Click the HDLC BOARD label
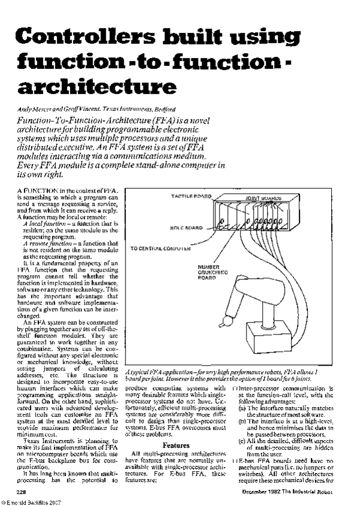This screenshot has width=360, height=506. coord(180,227)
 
